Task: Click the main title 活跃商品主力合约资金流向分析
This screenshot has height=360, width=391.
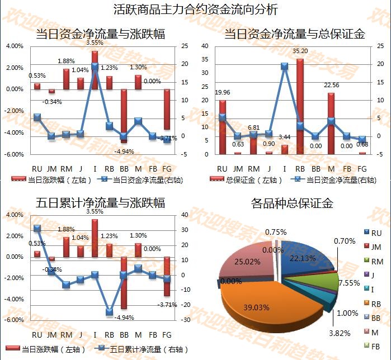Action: pos(195,10)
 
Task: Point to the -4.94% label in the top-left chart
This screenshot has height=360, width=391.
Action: pos(123,151)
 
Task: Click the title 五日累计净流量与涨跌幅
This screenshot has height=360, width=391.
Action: pos(100,203)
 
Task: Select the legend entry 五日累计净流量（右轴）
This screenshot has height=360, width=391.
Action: pos(141,349)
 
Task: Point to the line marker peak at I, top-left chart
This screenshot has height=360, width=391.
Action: pos(95,66)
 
